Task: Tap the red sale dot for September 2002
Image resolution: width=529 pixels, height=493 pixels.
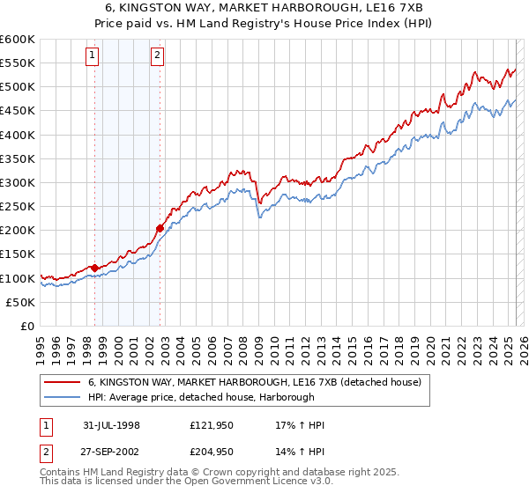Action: [160, 228]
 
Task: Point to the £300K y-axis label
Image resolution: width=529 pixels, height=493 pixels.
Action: [18, 183]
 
